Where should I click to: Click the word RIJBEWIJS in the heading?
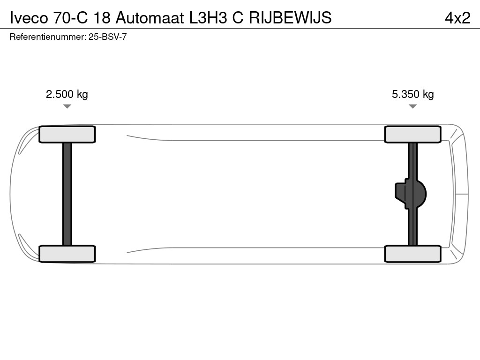point(290,17)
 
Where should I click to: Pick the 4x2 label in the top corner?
point(457,17)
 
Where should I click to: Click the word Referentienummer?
point(47,37)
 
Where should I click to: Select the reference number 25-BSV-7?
point(107,37)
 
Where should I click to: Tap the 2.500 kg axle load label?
point(67,94)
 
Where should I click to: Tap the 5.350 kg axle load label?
point(412,94)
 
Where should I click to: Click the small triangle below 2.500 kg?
point(67,106)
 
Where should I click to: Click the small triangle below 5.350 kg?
point(412,106)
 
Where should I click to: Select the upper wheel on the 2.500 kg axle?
point(67,135)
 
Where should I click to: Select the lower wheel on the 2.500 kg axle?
point(67,254)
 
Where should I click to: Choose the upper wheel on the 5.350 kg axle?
point(412,135)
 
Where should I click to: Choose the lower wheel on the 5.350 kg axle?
point(412,254)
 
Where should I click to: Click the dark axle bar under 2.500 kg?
point(67,194)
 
